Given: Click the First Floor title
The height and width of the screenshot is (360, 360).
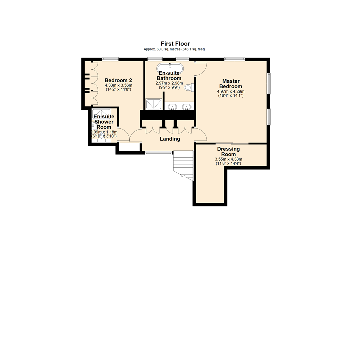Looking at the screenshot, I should [x=175, y=44].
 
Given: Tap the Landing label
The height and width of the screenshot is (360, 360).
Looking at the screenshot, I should [x=170, y=139].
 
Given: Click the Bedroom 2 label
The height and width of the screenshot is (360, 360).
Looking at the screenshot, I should [x=119, y=80].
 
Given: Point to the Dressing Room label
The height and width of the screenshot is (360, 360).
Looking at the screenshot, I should [x=226, y=152].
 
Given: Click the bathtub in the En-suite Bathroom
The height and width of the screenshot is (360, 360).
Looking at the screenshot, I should [x=170, y=67].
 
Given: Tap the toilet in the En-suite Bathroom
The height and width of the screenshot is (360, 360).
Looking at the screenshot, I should [x=189, y=88].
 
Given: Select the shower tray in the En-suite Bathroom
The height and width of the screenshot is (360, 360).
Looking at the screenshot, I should [x=154, y=104].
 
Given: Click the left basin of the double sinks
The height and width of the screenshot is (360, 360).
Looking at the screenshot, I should [x=172, y=107].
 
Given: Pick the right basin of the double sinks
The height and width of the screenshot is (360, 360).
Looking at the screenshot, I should [x=187, y=107].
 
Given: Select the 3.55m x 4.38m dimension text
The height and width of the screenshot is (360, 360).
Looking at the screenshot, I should [x=228, y=159].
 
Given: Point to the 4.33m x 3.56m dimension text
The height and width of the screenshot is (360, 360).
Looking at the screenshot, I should [x=119, y=85].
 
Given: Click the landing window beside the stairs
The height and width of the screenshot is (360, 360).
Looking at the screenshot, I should [x=159, y=153].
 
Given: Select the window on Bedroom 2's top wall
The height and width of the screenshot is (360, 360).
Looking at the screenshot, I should [x=110, y=59].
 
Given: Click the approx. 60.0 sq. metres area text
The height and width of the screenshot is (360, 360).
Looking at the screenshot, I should [x=174, y=49].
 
